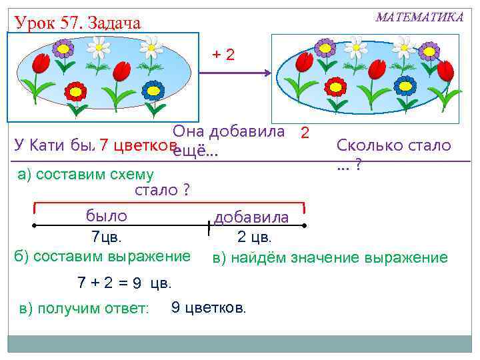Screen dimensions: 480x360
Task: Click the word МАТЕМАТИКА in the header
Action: point(419,17)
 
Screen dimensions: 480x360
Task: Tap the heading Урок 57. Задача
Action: point(77,24)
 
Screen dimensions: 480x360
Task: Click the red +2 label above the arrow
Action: point(223,54)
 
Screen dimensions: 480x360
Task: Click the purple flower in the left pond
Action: point(63,47)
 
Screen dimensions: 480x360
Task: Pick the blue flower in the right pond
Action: point(405,85)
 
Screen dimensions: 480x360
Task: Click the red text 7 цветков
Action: point(137,145)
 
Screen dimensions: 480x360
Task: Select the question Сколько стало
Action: point(393,145)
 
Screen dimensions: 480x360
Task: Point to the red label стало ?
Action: point(162,191)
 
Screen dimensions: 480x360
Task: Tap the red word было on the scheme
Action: point(107,215)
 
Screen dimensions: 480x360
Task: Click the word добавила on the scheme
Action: point(251,218)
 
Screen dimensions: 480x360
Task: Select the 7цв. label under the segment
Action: point(107,237)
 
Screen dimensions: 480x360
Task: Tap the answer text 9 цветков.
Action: point(209,307)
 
